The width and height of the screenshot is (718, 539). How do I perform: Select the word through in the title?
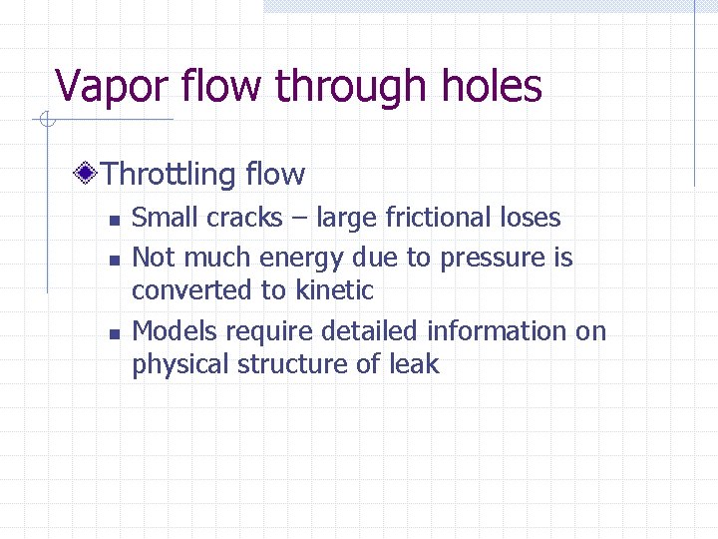coord(335,87)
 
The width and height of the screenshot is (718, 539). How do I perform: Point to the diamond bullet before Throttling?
coord(88,175)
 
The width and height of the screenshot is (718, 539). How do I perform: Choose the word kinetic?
coord(335,290)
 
